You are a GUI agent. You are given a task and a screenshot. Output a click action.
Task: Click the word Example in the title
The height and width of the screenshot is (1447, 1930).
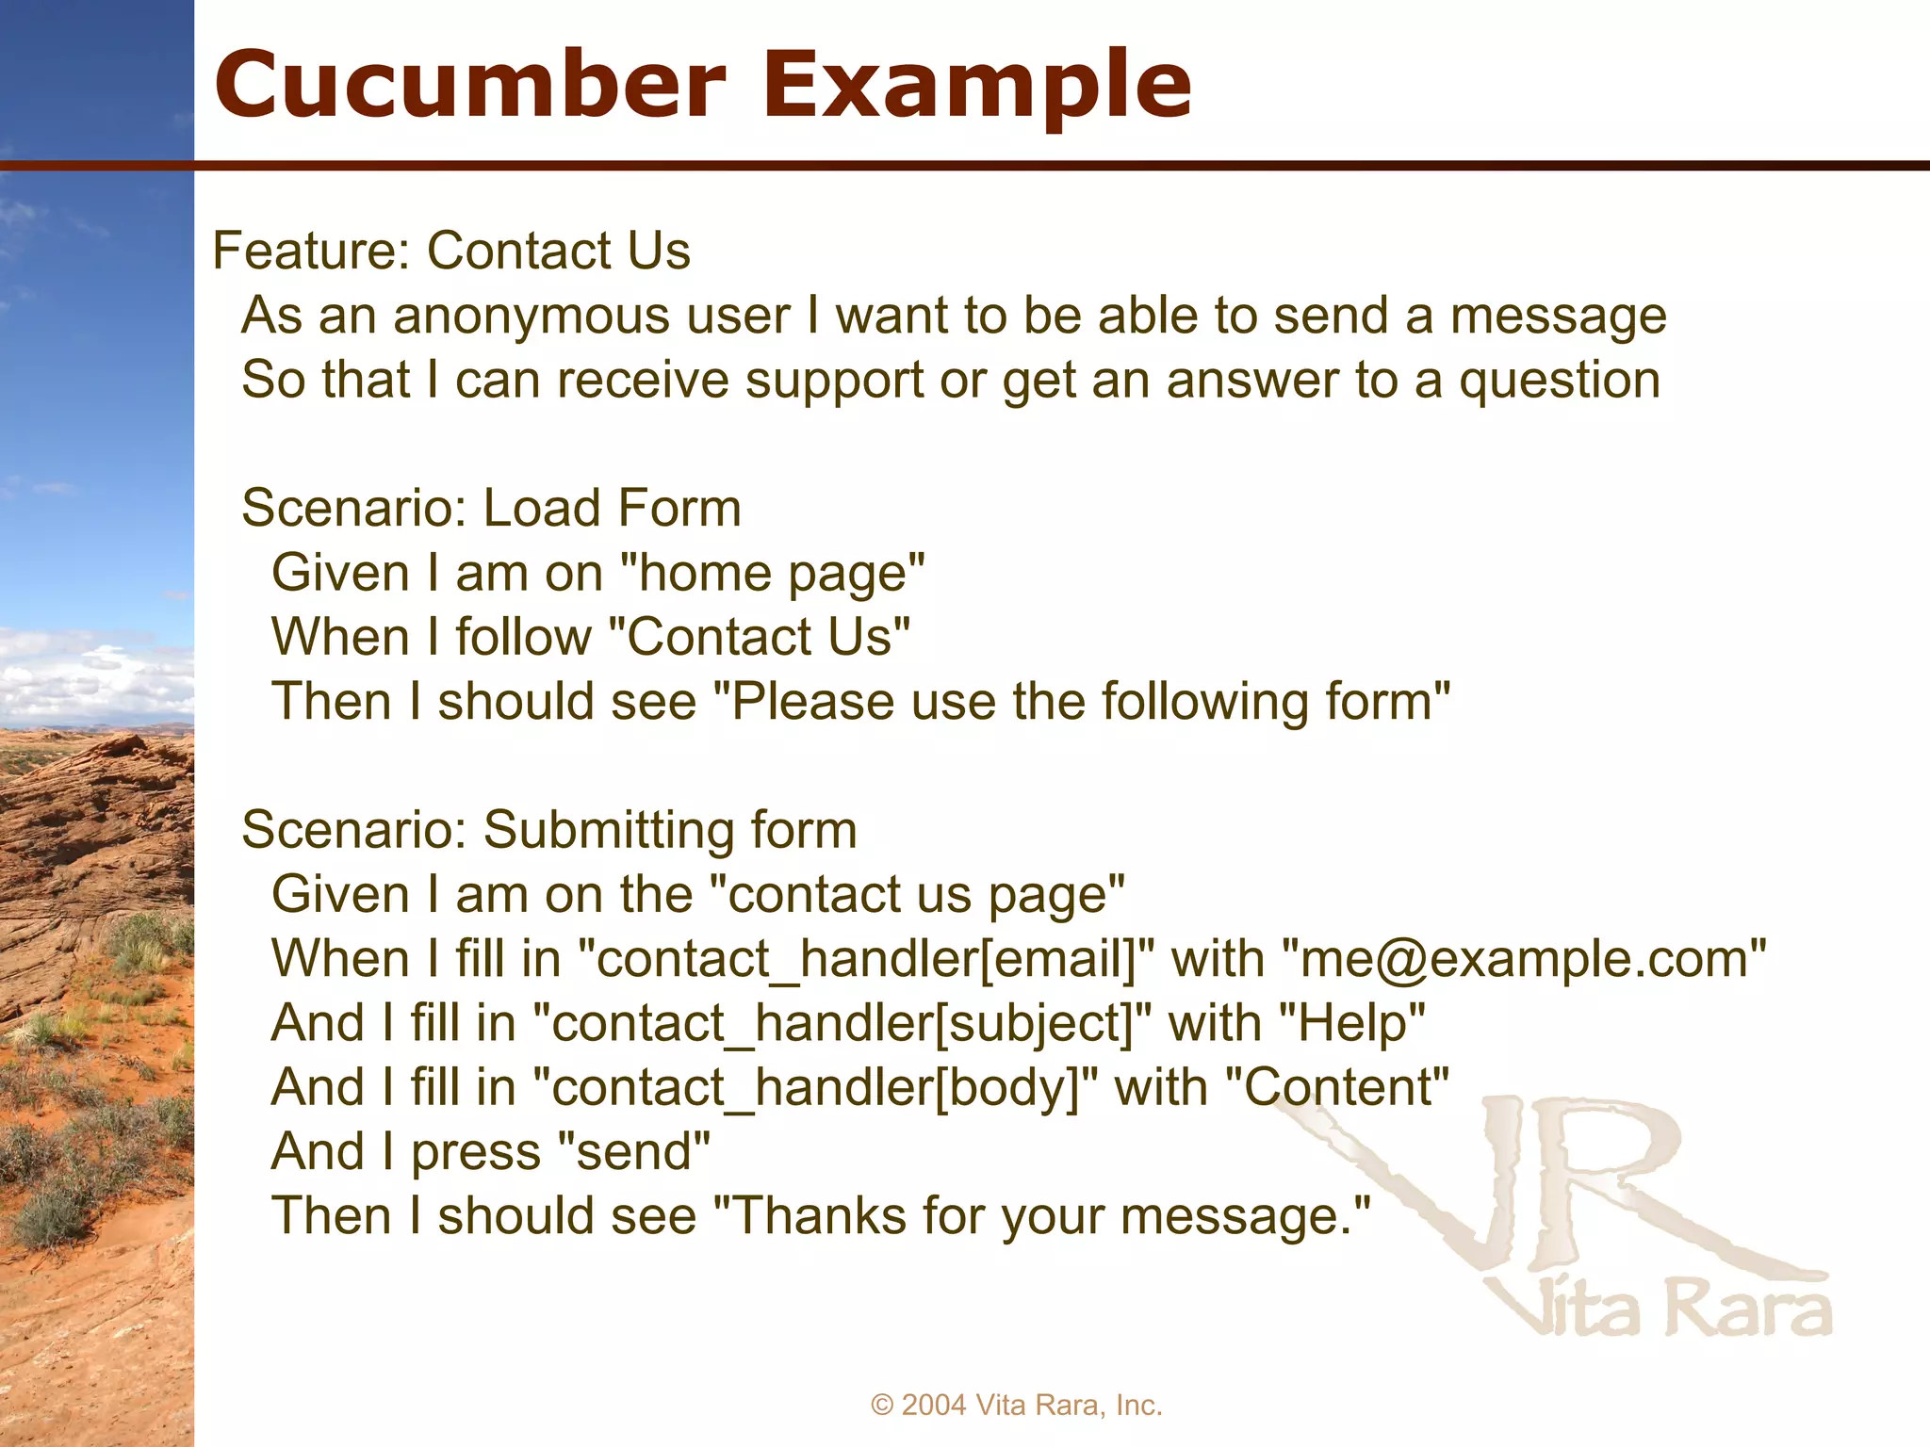click(976, 87)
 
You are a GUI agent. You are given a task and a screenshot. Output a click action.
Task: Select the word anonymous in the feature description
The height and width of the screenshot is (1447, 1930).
click(532, 317)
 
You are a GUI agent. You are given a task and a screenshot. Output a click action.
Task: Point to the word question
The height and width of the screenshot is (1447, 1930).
click(1559, 382)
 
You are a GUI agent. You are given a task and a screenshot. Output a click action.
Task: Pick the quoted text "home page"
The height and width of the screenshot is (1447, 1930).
click(773, 574)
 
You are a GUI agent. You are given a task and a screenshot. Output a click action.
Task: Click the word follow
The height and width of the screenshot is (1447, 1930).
click(523, 637)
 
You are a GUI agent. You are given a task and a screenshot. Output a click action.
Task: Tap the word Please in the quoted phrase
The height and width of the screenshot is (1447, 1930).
click(812, 702)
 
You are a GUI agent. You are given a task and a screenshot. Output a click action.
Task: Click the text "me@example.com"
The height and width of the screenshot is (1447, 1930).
click(1524, 959)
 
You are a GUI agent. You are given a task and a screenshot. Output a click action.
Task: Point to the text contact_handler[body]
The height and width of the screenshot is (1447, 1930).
click(815, 1088)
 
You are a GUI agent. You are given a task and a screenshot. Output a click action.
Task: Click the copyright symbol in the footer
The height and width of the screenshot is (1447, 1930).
click(882, 1406)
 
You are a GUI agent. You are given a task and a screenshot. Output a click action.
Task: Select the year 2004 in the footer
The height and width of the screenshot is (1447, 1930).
click(934, 1406)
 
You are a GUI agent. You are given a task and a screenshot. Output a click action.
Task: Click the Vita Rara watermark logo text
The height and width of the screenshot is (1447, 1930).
click(1659, 1309)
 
